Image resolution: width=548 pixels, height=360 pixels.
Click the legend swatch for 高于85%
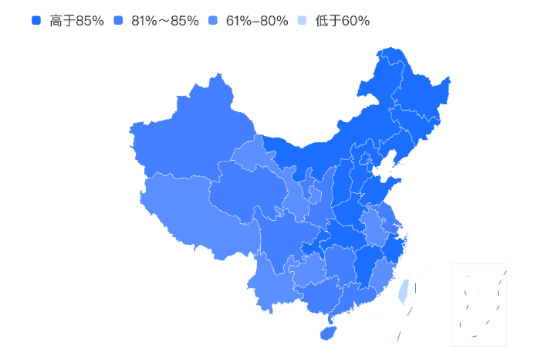[36, 21]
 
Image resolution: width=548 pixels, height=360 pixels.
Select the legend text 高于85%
[76, 21]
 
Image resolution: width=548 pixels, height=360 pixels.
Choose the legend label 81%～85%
[165, 21]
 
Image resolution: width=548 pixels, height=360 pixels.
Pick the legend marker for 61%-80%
[213, 21]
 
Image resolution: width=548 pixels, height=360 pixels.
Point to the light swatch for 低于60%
[303, 21]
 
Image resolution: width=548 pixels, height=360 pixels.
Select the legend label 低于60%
[342, 21]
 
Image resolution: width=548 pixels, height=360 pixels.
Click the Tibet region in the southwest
[193, 212]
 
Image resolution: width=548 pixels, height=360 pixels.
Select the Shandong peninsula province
[378, 189]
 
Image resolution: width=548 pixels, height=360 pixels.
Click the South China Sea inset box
[479, 304]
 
